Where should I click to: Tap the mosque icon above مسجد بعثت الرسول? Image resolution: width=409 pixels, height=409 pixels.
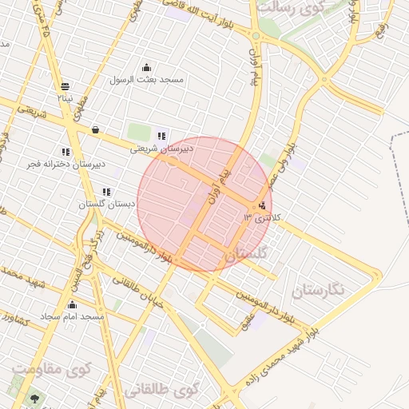146,67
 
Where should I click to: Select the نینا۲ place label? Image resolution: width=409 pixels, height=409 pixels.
65,97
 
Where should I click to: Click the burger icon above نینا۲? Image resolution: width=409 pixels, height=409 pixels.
65,86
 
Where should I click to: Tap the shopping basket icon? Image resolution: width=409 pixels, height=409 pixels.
96,129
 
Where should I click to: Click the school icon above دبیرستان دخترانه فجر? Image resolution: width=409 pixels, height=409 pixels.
66,152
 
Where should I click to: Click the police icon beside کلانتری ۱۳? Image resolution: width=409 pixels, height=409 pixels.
263,206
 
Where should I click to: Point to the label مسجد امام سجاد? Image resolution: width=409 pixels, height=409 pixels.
73,317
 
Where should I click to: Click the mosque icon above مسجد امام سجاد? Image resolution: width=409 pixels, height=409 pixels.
73,304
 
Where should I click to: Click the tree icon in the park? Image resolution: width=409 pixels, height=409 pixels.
34,399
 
